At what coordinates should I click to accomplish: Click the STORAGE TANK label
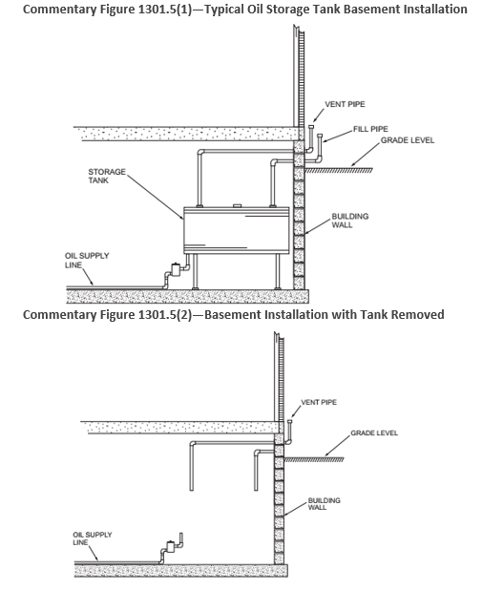[107, 176]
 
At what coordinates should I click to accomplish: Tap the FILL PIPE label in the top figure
[370, 129]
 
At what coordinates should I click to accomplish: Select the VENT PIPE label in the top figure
[345, 104]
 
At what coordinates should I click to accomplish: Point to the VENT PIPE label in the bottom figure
[319, 402]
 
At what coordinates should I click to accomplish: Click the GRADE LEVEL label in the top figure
[408, 140]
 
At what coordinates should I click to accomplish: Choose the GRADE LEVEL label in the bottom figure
[374, 432]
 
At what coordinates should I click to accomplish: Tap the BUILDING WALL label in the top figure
[350, 221]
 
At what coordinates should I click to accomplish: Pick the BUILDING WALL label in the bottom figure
[324, 504]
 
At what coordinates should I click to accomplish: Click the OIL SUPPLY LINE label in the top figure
[87, 260]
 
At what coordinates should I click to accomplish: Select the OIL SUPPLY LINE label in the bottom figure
[93, 538]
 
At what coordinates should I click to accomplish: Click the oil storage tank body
[237, 230]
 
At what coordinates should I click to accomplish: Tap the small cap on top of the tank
[237, 205]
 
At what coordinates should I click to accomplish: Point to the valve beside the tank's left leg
[176, 269]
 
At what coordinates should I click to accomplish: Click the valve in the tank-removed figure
[171, 546]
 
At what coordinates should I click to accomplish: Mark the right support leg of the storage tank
[278, 271]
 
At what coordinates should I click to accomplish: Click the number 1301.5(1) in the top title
[164, 9]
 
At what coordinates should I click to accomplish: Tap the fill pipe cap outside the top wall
[320, 136]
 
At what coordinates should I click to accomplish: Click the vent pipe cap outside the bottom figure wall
[290, 421]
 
